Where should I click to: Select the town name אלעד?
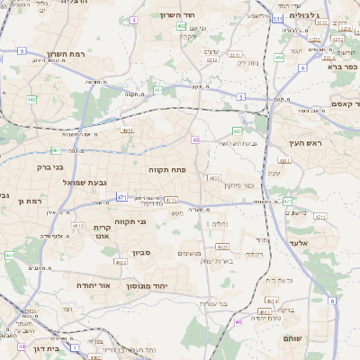[x=300, y=243]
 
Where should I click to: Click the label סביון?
[x=140, y=254]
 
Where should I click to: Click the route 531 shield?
[x=277, y=18]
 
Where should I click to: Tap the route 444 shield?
[x=279, y=58]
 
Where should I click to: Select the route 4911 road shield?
[x=127, y=130]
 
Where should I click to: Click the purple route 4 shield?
[x=134, y=19]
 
